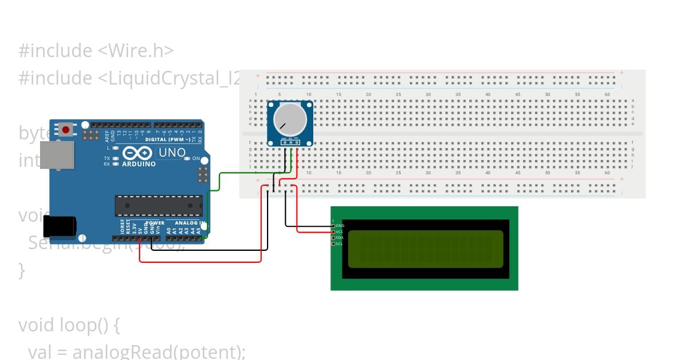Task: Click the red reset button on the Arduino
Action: click(66, 130)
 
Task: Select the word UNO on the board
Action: click(172, 153)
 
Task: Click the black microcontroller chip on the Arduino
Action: click(158, 206)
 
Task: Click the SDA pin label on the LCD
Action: click(340, 238)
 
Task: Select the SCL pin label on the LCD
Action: click(340, 244)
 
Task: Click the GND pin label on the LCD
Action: click(340, 226)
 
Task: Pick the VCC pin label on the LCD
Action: click(340, 231)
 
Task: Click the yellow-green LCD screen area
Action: click(425, 249)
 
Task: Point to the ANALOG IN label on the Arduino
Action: click(189, 223)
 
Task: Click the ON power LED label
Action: click(196, 158)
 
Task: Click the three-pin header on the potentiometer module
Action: click(290, 142)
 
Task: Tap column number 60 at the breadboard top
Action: click(607, 94)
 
